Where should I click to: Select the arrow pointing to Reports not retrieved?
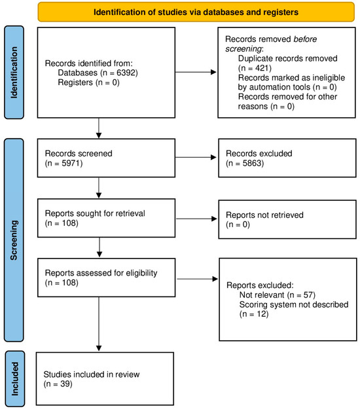[186, 219]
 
